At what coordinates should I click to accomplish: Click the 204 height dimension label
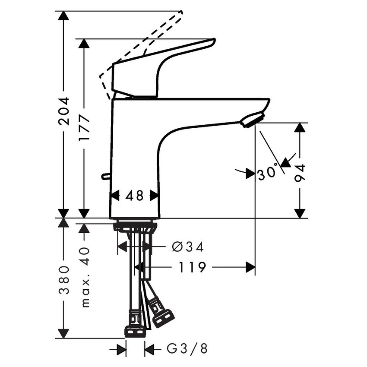click(64, 111)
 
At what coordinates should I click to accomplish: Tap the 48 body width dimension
click(134, 196)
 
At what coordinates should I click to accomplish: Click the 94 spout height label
click(301, 173)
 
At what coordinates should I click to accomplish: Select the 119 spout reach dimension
click(192, 268)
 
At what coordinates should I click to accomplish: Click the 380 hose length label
click(64, 280)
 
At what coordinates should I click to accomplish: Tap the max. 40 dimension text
click(85, 277)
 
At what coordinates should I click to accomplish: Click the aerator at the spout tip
click(253, 120)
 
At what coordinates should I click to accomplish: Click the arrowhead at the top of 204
click(64, 16)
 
